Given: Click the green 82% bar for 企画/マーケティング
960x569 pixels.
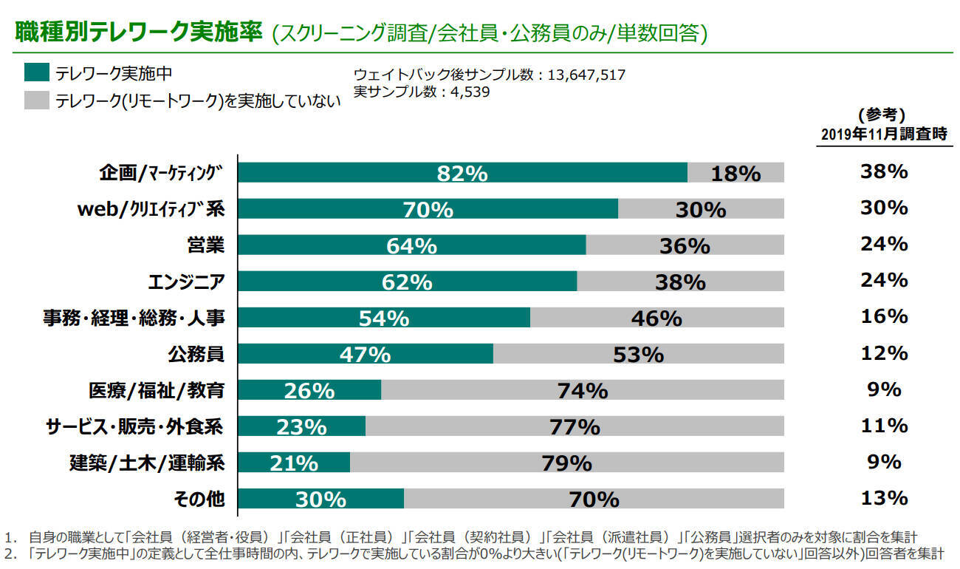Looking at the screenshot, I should [462, 173].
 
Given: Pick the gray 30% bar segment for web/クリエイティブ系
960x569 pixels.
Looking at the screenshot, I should [700, 209].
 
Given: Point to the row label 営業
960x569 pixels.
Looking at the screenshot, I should [206, 245].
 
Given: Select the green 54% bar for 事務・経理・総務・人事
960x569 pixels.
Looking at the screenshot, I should [383, 318].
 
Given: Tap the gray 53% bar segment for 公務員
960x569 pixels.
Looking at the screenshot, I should [638, 354].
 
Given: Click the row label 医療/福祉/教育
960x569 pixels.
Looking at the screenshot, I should [157, 389].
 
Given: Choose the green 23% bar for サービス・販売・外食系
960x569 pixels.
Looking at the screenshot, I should [301, 426].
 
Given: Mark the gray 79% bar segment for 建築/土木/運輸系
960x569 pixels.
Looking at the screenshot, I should [566, 463].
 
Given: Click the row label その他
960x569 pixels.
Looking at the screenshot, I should [199, 499].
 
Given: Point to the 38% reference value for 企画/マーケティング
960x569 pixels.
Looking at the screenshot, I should [883, 172].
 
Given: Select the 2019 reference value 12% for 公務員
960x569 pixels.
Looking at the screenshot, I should [883, 353].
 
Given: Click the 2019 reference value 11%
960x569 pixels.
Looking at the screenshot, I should [883, 426].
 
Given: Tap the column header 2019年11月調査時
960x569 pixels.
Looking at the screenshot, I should [884, 135].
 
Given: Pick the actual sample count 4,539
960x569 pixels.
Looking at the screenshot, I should [464, 92].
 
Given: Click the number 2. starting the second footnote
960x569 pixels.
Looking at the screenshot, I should [10, 553].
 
